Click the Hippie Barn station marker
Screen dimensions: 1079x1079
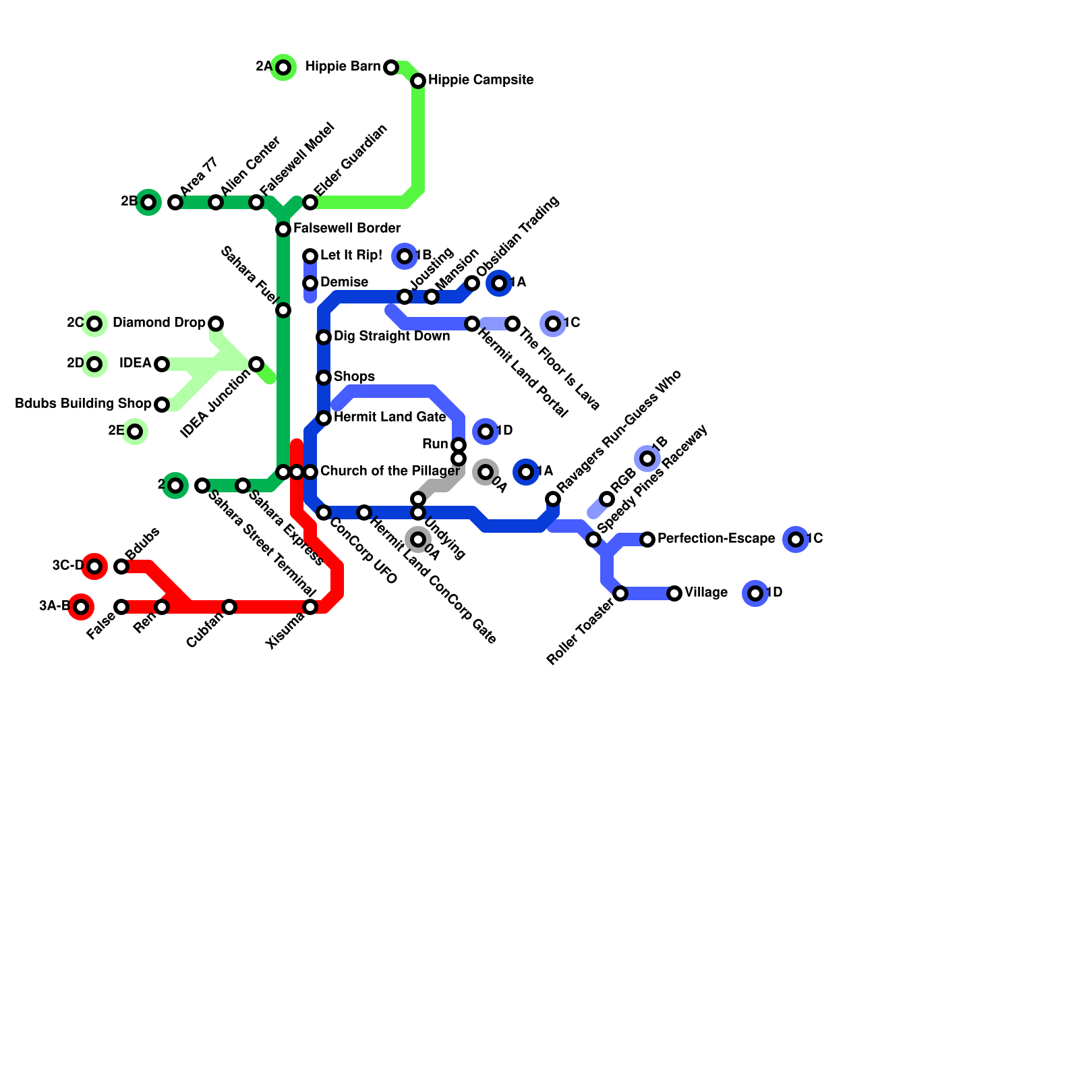[x=391, y=67]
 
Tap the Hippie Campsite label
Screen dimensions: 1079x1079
[x=481, y=80]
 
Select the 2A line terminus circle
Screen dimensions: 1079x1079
[x=284, y=67]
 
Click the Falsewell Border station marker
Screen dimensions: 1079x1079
[x=283, y=229]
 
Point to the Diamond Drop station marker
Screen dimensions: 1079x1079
[x=216, y=324]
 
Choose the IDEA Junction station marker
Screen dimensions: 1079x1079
[x=256, y=364]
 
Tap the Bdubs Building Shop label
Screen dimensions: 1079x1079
[x=83, y=404]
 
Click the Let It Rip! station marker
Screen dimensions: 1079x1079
[x=310, y=256]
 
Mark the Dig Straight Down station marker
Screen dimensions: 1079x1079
[x=324, y=337]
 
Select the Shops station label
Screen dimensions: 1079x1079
[x=354, y=376]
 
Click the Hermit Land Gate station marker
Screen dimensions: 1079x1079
[x=324, y=418]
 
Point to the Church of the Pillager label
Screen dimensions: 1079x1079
[x=390, y=471]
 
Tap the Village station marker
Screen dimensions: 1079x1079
[x=674, y=593]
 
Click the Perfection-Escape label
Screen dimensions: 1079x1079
[x=716, y=539]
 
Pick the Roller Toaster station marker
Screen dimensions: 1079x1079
[x=620, y=593]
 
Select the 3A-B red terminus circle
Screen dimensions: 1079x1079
[x=81, y=607]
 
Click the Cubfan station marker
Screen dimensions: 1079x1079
[x=229, y=607]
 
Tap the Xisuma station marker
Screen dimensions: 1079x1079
[x=310, y=607]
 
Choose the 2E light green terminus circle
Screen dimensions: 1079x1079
[x=135, y=432]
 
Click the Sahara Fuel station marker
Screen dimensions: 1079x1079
[x=283, y=310]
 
